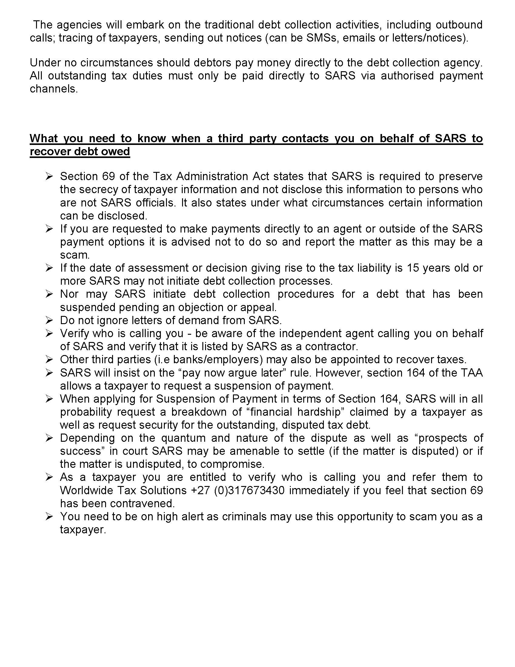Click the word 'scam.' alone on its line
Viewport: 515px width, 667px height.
pyautogui.click(x=75, y=255)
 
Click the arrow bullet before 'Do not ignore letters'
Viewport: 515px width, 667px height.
pyautogui.click(x=49, y=320)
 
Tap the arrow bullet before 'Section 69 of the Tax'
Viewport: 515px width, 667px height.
pyautogui.click(x=49, y=176)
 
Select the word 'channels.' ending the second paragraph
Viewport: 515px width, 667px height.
pyautogui.click(x=54, y=89)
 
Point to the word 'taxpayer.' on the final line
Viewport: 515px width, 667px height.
pyautogui.click(x=83, y=529)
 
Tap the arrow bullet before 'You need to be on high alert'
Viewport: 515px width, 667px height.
pyautogui.click(x=49, y=516)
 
